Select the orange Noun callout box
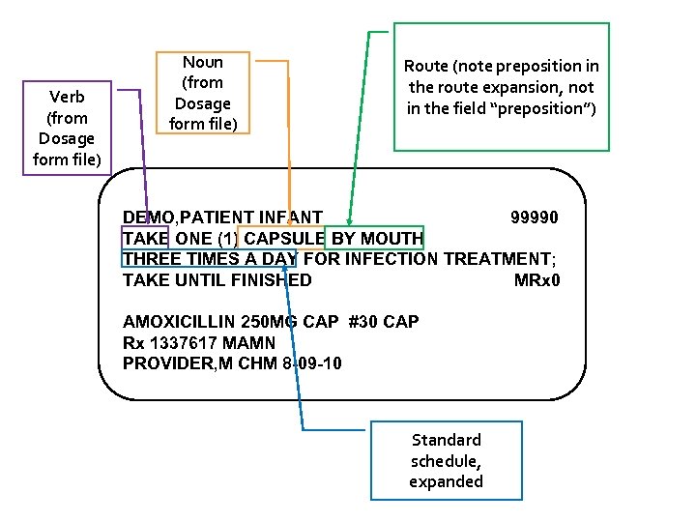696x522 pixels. click(202, 93)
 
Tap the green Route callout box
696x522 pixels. click(501, 87)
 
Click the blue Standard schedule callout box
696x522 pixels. click(446, 460)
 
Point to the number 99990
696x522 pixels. click(534, 217)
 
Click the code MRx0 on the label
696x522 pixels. click(536, 280)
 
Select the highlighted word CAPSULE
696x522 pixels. click(284, 239)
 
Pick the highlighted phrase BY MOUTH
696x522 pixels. click(377, 239)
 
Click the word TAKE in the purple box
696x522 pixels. click(145, 239)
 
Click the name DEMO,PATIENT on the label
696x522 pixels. click(184, 217)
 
